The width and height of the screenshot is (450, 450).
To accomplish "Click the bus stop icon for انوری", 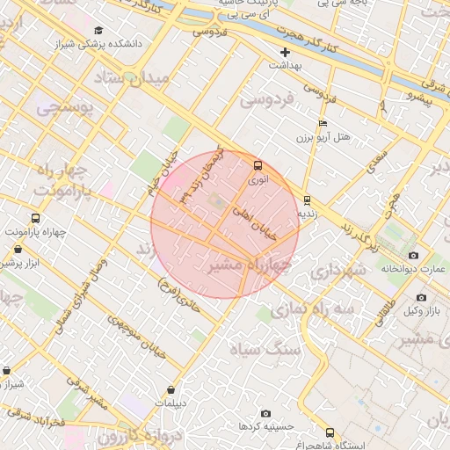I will click(x=258, y=165).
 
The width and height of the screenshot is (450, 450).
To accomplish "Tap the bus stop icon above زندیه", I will click(x=306, y=200).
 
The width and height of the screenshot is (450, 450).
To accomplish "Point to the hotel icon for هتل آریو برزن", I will click(x=323, y=124).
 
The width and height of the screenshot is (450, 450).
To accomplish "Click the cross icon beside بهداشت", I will click(x=286, y=53).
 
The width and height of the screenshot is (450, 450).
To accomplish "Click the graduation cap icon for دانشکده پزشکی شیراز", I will click(x=97, y=30).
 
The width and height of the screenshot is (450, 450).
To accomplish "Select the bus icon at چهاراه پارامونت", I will click(x=35, y=218).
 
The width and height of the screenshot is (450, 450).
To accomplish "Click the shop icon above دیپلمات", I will click(x=171, y=389).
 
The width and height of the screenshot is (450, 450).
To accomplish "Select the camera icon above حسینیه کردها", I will click(x=266, y=413).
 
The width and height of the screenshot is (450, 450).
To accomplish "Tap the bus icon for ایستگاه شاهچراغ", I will click(x=330, y=432).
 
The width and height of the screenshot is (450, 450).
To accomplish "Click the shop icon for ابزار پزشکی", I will click(x=18, y=250).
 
